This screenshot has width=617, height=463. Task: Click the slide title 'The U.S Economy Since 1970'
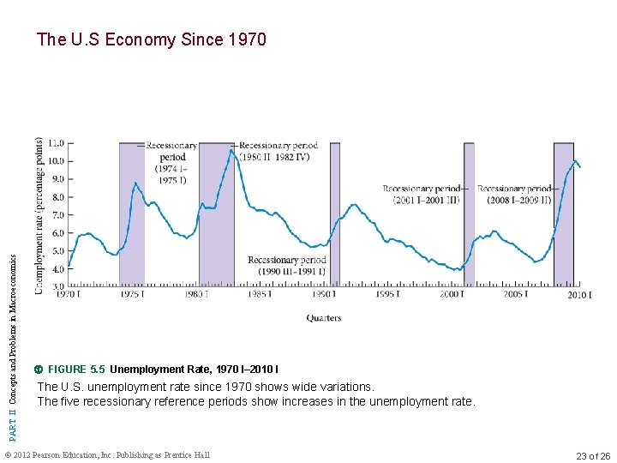[152, 39]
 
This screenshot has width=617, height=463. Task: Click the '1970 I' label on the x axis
[69, 295]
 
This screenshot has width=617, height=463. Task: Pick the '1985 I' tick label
[259, 295]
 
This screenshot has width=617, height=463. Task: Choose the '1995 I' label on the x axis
[386, 295]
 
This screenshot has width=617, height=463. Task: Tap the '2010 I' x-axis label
[579, 295]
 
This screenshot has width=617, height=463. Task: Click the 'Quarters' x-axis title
[324, 318]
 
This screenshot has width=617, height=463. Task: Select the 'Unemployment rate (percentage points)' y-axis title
[40, 216]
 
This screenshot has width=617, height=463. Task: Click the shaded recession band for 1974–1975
[131, 214]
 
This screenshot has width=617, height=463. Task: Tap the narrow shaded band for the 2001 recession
[469, 214]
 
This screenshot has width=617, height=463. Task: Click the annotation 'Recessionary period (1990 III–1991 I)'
[287, 266]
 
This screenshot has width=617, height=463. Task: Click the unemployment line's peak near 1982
[231, 150]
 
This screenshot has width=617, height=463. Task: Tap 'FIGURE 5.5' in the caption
[77, 370]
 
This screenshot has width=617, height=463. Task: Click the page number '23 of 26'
[593, 456]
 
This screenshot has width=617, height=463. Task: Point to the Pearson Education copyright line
[107, 454]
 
